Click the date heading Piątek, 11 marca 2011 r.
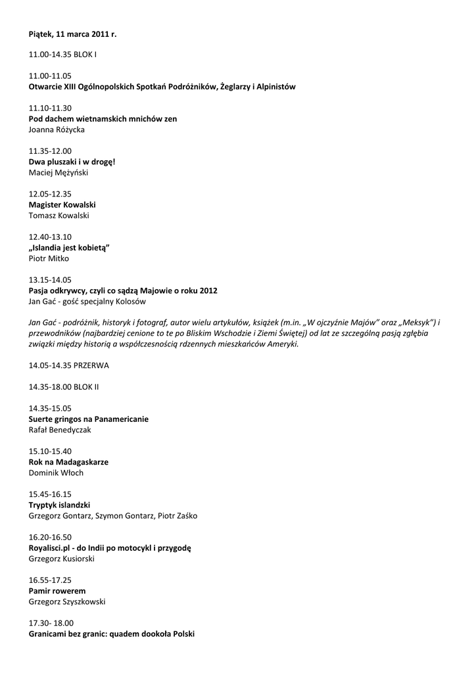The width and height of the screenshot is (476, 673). [x=72, y=33]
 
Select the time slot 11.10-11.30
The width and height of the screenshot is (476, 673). [x=50, y=108]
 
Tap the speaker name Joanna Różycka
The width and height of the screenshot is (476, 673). [x=57, y=129]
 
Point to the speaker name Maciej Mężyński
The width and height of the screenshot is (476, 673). [x=59, y=173]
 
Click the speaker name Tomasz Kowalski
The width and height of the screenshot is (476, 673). [x=59, y=216]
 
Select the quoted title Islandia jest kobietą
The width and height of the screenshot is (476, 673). [x=69, y=248]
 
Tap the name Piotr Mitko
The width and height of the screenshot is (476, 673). [x=49, y=258]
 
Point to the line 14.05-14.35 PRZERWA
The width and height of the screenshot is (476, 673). [x=69, y=365]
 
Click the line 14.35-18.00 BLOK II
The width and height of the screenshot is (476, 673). [x=64, y=387]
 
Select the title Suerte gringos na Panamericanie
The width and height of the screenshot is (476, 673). [x=89, y=419]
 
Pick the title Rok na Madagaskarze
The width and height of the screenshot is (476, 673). [x=68, y=462]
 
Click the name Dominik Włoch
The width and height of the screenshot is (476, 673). [x=56, y=473]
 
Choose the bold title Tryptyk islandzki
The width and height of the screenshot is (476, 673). [x=60, y=505]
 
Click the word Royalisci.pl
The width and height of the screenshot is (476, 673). [x=51, y=547]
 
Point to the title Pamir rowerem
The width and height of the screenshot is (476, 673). [x=57, y=591]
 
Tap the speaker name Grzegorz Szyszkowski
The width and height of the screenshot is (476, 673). [x=67, y=601]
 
